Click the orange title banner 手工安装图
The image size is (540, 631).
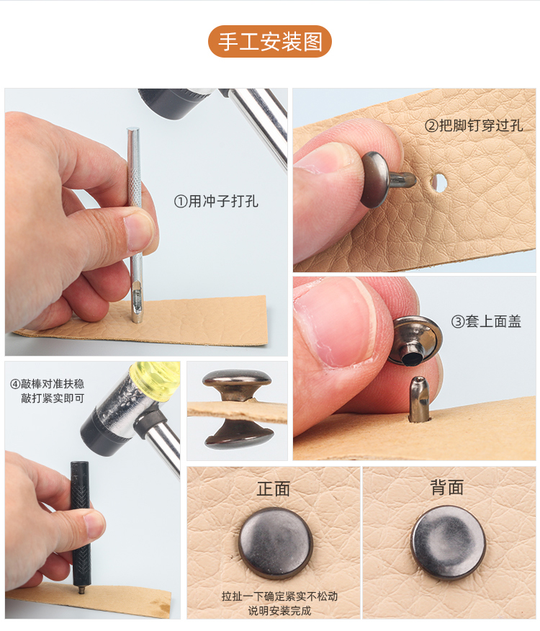(270, 41)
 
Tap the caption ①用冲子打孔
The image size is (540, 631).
(216, 202)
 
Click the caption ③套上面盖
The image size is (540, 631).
(486, 322)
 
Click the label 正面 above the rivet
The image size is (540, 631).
(273, 488)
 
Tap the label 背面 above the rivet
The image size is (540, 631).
(446, 488)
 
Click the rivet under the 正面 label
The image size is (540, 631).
(274, 543)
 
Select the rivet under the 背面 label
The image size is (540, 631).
(448, 542)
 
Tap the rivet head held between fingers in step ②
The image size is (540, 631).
(375, 179)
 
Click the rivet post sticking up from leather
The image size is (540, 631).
(418, 397)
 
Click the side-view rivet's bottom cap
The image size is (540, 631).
(238, 435)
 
